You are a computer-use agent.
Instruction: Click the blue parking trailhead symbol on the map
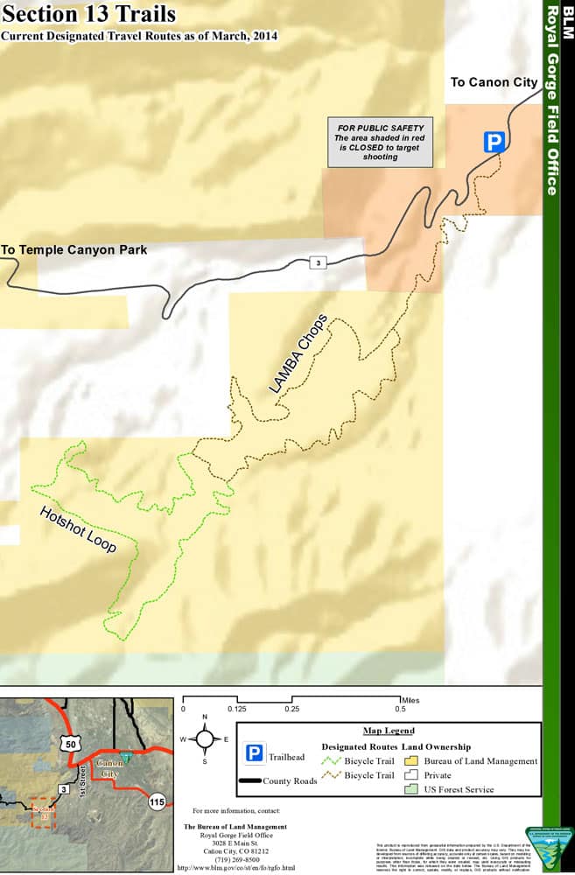pos(495,143)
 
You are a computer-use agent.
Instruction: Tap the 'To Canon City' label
pos(494,82)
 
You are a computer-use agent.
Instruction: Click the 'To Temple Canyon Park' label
pos(74,250)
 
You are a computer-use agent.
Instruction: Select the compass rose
pos(204,739)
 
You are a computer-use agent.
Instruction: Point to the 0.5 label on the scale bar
pos(400,710)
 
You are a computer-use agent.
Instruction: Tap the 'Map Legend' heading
pos(388,731)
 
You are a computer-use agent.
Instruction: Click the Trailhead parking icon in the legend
pos(255,753)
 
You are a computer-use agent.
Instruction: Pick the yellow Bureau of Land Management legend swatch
pos(411,761)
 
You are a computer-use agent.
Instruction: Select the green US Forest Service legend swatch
pos(411,789)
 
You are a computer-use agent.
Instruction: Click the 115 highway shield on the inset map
pos(157,801)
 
